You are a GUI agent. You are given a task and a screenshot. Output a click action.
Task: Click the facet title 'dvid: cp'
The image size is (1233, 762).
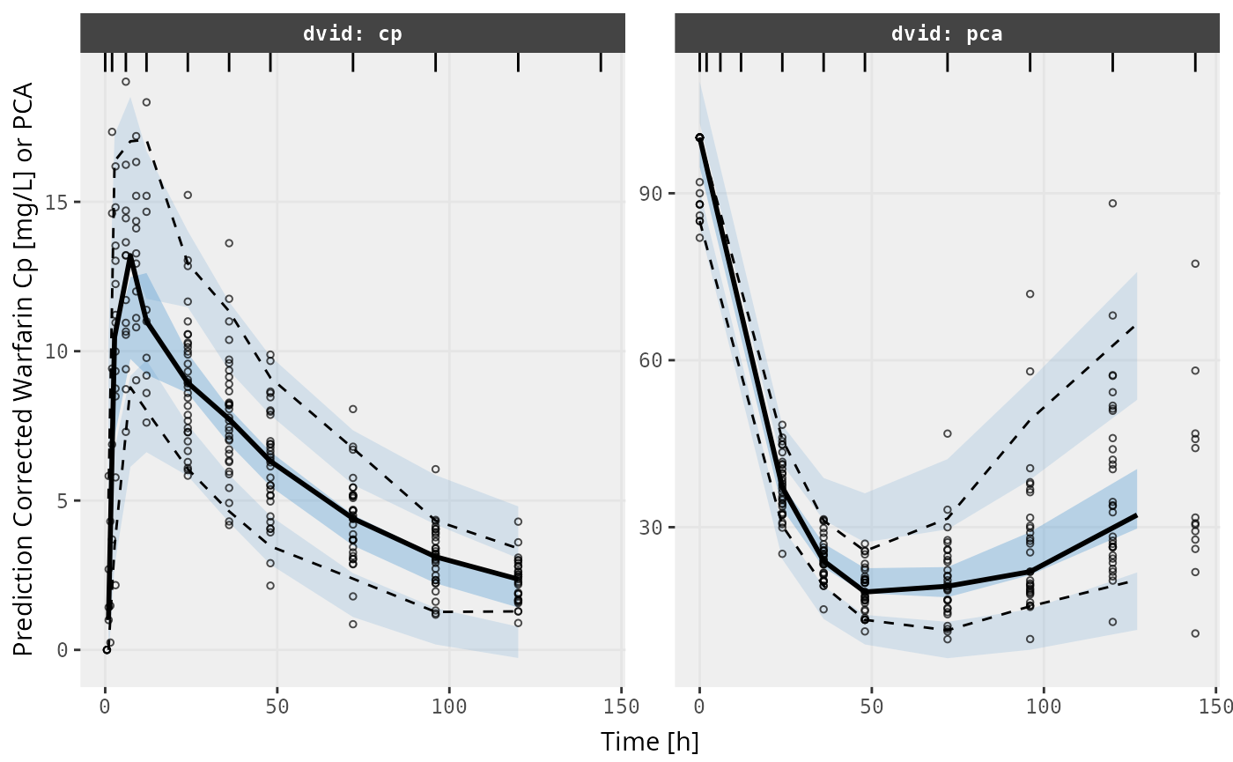click(x=352, y=34)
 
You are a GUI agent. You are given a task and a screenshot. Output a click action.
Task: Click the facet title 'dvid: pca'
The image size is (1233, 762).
click(x=947, y=34)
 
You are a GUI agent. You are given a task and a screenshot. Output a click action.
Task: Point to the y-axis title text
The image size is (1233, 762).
click(x=24, y=369)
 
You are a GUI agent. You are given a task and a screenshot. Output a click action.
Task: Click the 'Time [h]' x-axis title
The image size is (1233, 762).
click(x=650, y=741)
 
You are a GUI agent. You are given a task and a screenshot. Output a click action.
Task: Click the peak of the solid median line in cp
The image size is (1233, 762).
click(x=130, y=256)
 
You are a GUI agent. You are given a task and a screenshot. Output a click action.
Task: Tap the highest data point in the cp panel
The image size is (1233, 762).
click(x=126, y=82)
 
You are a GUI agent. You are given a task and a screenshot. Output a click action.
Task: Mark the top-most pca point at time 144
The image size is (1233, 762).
click(x=1195, y=263)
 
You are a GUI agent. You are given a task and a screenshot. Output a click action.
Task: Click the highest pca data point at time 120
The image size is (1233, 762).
click(x=1112, y=203)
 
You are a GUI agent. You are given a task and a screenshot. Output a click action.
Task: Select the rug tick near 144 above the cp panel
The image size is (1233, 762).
click(x=601, y=62)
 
